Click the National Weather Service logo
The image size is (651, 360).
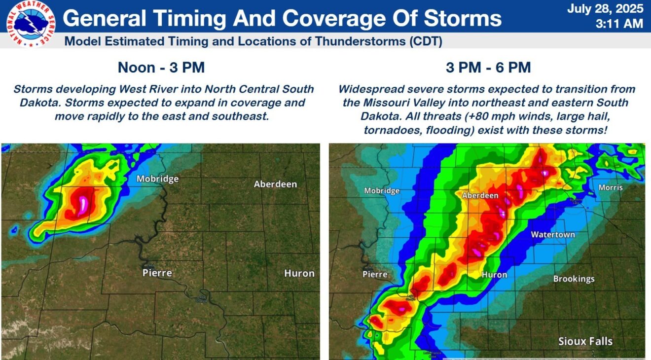tap(30, 24)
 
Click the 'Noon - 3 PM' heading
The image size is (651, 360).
tap(161, 68)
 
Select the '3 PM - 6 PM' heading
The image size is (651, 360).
tap(488, 68)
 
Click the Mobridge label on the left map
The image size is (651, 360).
tap(157, 179)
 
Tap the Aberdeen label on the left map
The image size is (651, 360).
tap(275, 184)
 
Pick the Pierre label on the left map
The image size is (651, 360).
tap(157, 273)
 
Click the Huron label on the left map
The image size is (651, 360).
tap(299, 273)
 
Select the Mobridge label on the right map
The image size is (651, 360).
tap(382, 191)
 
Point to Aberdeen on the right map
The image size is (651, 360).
tap(480, 196)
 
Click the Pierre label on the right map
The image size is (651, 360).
tap(375, 274)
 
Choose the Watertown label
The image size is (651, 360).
tap(552, 235)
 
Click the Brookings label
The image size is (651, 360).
tap(574, 279)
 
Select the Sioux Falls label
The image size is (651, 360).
tap(585, 341)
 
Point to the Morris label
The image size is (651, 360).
tap(611, 187)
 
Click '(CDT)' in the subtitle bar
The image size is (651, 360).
tap(425, 41)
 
